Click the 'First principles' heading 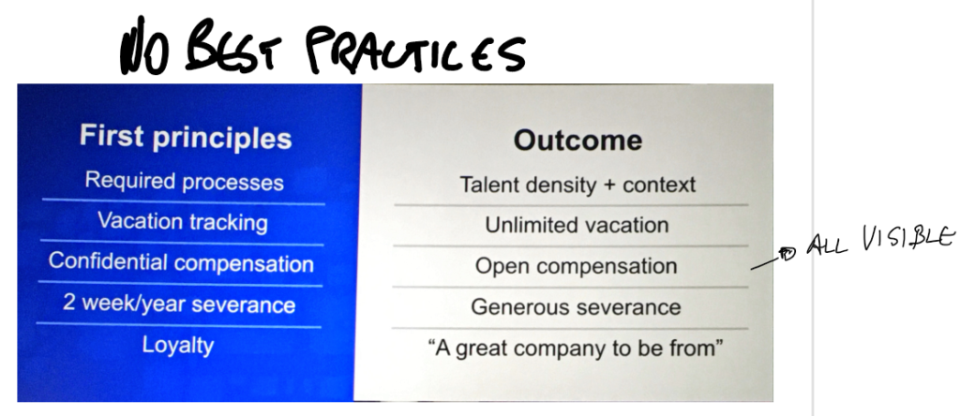click(186, 137)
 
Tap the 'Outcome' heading click(577, 141)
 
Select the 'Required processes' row click(185, 181)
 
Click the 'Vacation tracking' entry click(183, 221)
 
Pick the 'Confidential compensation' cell click(181, 262)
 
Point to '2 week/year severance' click(179, 304)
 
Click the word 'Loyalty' click(178, 345)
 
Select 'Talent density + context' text click(577, 185)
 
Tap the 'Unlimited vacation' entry click(577, 225)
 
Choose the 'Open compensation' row click(577, 266)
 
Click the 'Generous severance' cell click(576, 306)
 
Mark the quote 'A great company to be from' click(576, 349)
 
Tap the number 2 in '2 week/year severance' click(69, 303)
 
